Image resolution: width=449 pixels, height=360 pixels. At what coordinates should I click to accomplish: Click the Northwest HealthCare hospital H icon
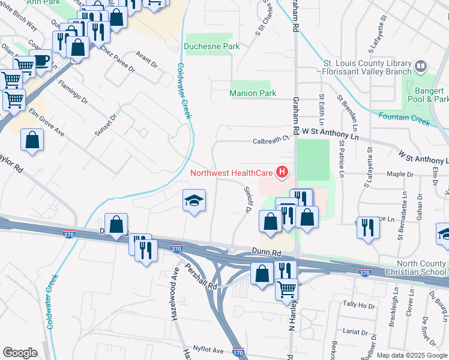(282, 174)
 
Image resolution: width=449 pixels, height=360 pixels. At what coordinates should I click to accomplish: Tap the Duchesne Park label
(211, 46)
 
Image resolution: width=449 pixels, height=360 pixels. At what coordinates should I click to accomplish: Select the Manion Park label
(253, 93)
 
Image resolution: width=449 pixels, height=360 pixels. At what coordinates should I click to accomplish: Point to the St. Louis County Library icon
(421, 66)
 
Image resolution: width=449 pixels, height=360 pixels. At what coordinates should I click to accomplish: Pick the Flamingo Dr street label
(73, 94)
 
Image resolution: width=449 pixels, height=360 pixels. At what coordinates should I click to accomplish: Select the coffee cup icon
(41, 60)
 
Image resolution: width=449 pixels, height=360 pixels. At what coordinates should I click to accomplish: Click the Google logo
(20, 352)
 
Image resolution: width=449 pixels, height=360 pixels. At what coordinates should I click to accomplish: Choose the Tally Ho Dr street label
(358, 304)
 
